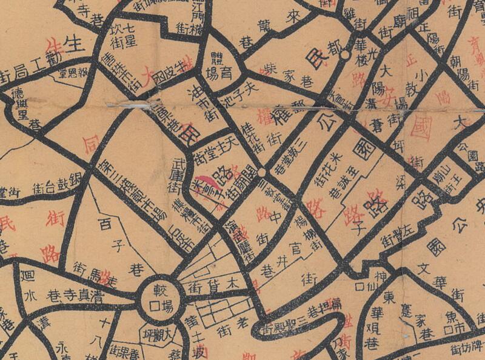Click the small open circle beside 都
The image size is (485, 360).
(344, 55)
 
